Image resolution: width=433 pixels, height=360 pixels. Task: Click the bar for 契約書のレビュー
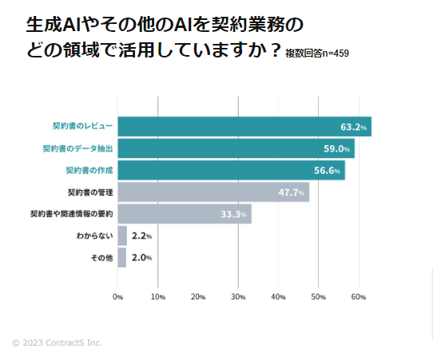tap(244, 126)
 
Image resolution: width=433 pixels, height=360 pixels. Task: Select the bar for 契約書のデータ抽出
tap(236, 148)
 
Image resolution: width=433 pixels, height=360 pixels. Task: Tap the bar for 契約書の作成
tap(231, 170)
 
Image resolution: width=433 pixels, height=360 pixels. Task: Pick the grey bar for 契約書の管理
tap(213, 192)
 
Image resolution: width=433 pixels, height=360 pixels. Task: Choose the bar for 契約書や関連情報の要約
tap(185, 214)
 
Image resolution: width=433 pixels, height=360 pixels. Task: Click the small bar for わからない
tap(122, 235)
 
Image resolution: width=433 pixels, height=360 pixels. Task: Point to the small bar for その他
tap(121, 257)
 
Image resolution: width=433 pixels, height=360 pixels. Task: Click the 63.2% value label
tap(352, 127)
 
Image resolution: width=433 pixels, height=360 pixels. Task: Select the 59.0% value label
tap(336, 148)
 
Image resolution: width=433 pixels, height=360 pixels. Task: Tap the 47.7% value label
tap(291, 192)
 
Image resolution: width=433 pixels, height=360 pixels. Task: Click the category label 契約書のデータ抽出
tap(77, 148)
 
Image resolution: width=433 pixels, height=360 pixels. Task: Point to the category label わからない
tap(94, 235)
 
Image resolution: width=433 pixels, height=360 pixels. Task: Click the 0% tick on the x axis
tap(117, 297)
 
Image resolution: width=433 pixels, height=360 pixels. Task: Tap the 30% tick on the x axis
tap(238, 297)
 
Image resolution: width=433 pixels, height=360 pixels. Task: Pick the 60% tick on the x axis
tap(358, 297)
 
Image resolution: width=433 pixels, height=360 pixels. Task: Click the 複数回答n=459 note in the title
tap(316, 53)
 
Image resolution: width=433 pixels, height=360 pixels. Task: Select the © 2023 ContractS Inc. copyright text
tap(57, 343)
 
